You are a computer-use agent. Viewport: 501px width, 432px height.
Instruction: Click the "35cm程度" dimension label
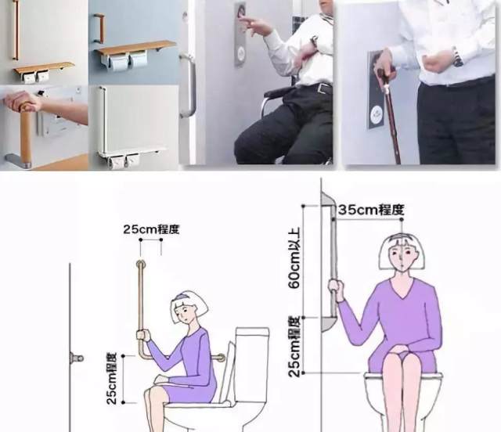pyautogui.click(x=371, y=210)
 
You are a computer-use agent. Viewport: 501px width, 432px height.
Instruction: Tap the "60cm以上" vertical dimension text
pyautogui.click(x=294, y=257)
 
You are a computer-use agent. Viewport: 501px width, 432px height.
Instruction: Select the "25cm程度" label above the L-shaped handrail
pyautogui.click(x=151, y=229)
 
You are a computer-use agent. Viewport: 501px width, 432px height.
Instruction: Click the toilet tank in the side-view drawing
pyautogui.click(x=252, y=364)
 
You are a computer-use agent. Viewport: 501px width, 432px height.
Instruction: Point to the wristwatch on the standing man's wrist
pyautogui.click(x=458, y=58)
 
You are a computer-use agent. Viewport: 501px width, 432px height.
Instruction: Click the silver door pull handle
pyautogui.click(x=189, y=85)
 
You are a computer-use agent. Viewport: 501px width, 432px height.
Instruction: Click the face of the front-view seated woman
pyautogui.click(x=402, y=257)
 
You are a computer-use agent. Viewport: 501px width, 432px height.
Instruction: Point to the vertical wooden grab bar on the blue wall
pyautogui.click(x=99, y=28)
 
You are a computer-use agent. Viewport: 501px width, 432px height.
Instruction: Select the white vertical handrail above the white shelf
pyautogui.click(x=103, y=119)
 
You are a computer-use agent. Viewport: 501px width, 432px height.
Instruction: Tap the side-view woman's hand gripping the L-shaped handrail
pyautogui.click(x=142, y=336)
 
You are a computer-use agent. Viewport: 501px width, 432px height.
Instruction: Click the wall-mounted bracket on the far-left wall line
pyautogui.click(x=76, y=358)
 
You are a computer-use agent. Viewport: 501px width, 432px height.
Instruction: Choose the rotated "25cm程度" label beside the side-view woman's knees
pyautogui.click(x=111, y=379)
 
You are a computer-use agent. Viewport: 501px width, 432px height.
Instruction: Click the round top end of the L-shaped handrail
pyautogui.click(x=141, y=264)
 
